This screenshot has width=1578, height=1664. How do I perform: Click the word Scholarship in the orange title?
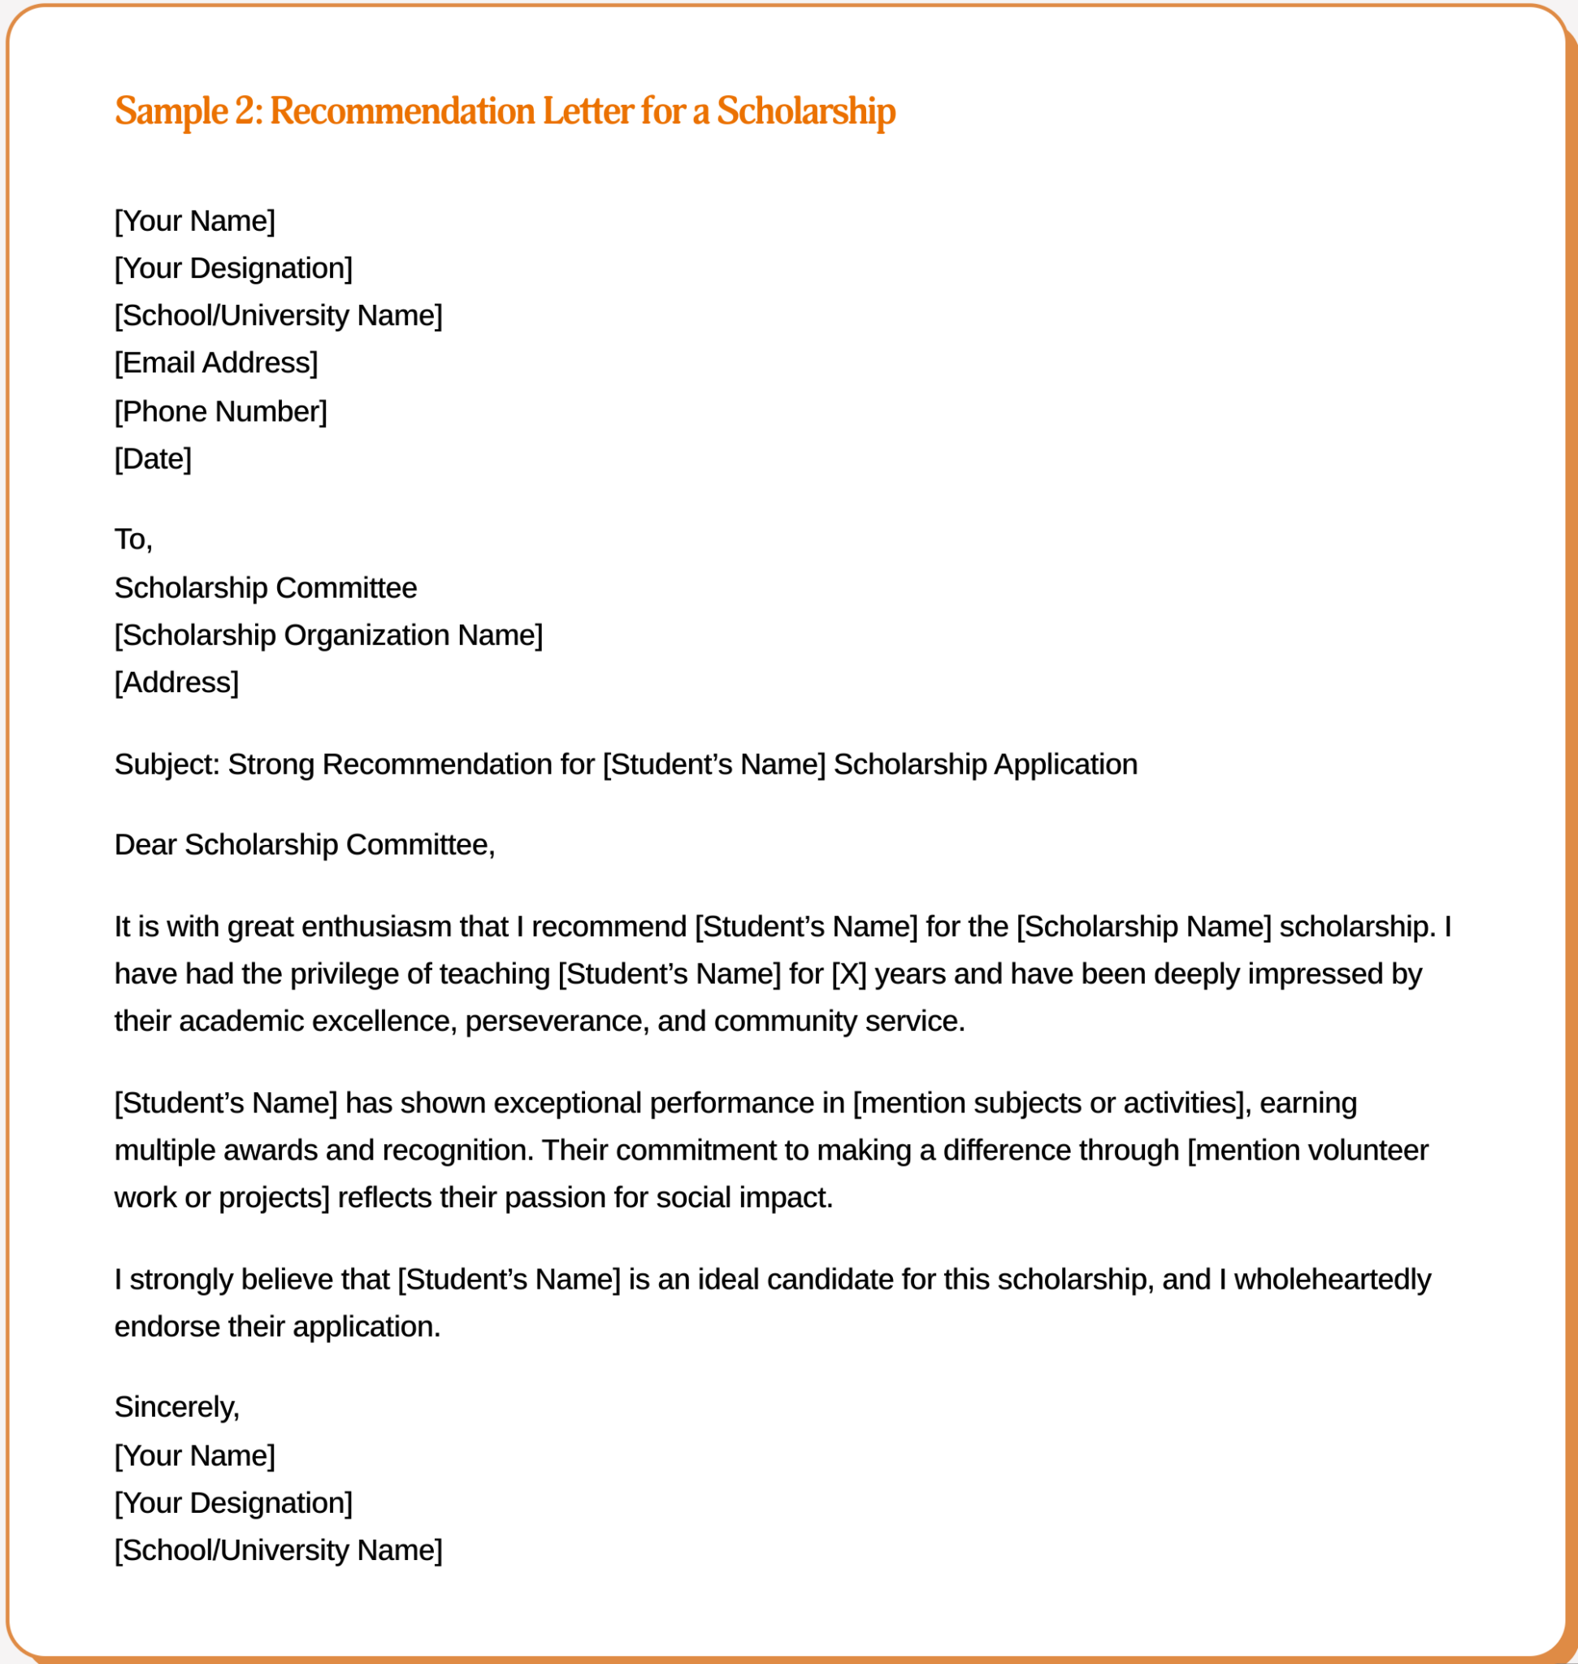click(805, 111)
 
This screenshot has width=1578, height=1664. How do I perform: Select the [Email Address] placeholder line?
click(216, 362)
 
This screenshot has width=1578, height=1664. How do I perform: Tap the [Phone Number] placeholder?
click(220, 411)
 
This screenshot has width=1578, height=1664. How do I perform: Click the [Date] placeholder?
click(153, 458)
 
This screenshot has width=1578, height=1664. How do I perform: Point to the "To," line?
click(133, 539)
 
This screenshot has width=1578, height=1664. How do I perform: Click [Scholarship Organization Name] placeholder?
click(328, 635)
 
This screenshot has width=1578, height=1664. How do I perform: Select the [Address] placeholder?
click(176, 682)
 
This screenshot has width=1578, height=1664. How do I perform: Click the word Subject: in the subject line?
click(167, 764)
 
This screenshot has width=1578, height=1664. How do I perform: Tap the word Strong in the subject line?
click(271, 764)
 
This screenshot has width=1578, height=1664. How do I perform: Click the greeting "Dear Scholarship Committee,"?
click(305, 845)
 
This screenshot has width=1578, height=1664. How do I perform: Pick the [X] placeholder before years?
click(848, 973)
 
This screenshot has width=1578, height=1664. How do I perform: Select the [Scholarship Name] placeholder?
click(1144, 926)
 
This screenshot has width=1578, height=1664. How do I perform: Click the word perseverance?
click(557, 1020)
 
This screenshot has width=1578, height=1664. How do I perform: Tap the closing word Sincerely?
click(176, 1406)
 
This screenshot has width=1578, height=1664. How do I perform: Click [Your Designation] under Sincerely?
click(233, 1502)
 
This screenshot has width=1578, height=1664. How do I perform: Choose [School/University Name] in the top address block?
click(278, 315)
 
